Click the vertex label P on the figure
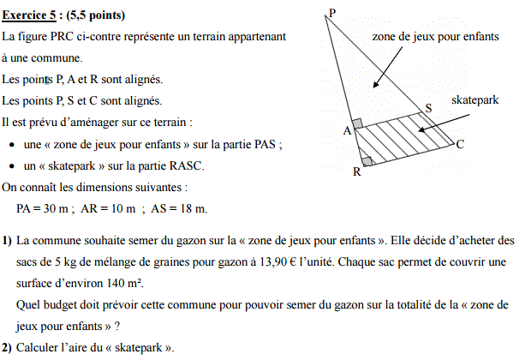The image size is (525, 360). click(x=331, y=12)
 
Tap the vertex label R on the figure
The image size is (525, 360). click(x=357, y=172)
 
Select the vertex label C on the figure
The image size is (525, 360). click(x=460, y=144)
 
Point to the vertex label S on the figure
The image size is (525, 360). click(x=429, y=107)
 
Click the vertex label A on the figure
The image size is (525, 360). click(x=347, y=131)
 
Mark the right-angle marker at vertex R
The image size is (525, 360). click(x=367, y=160)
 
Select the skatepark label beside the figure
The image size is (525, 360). click(x=474, y=100)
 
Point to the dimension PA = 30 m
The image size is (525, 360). click(x=44, y=208)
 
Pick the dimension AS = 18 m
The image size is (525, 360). click(x=178, y=208)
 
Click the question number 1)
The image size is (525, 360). click(x=7, y=242)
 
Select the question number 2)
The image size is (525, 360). click(x=7, y=348)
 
